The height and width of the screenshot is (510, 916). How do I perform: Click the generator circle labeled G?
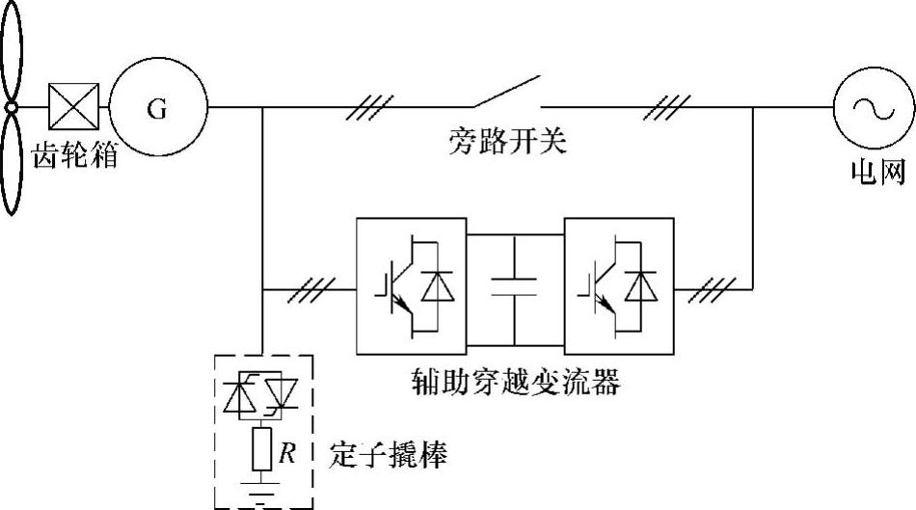(x=158, y=108)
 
